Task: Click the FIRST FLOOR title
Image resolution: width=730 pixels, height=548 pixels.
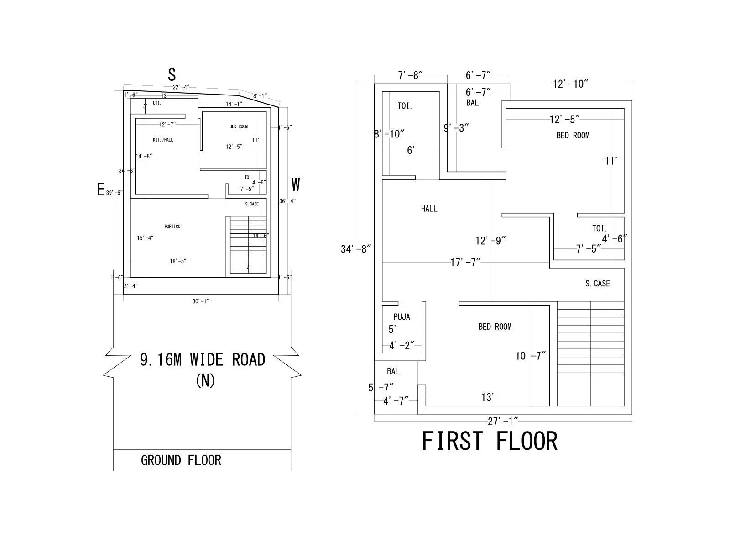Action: coord(490,441)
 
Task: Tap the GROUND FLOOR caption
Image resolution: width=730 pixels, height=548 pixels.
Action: coord(181,460)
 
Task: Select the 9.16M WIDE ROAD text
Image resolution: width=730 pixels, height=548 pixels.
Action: coord(203,360)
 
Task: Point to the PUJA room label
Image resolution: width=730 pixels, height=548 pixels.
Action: coord(401,317)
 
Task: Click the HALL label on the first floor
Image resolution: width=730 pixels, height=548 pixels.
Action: coord(429,209)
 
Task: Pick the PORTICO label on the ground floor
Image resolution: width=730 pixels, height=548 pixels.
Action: coord(172,227)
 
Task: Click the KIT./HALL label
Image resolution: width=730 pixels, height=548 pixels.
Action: coord(163,140)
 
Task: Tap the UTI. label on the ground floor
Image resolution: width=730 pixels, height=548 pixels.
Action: coord(156,103)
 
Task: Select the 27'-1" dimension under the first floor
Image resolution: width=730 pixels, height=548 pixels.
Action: coord(502,422)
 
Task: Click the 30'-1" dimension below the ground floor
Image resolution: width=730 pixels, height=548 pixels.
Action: coord(201,301)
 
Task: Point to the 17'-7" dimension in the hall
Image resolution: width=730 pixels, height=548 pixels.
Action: coord(465,263)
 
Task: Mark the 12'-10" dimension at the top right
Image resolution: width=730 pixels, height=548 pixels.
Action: coord(570,84)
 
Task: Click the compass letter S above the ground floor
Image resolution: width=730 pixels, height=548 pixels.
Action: coord(172,74)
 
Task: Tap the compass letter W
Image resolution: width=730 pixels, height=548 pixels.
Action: coord(296,185)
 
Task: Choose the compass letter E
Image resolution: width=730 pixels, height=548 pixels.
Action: coord(101,189)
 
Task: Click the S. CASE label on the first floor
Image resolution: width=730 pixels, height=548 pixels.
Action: coord(597,284)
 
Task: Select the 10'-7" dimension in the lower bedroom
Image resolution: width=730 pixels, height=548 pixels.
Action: coord(531,356)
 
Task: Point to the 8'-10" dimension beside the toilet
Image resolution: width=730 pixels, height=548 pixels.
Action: coord(389,134)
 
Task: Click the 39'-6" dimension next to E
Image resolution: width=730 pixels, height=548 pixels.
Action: coord(115,193)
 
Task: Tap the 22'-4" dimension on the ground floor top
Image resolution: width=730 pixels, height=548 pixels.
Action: coord(181,87)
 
